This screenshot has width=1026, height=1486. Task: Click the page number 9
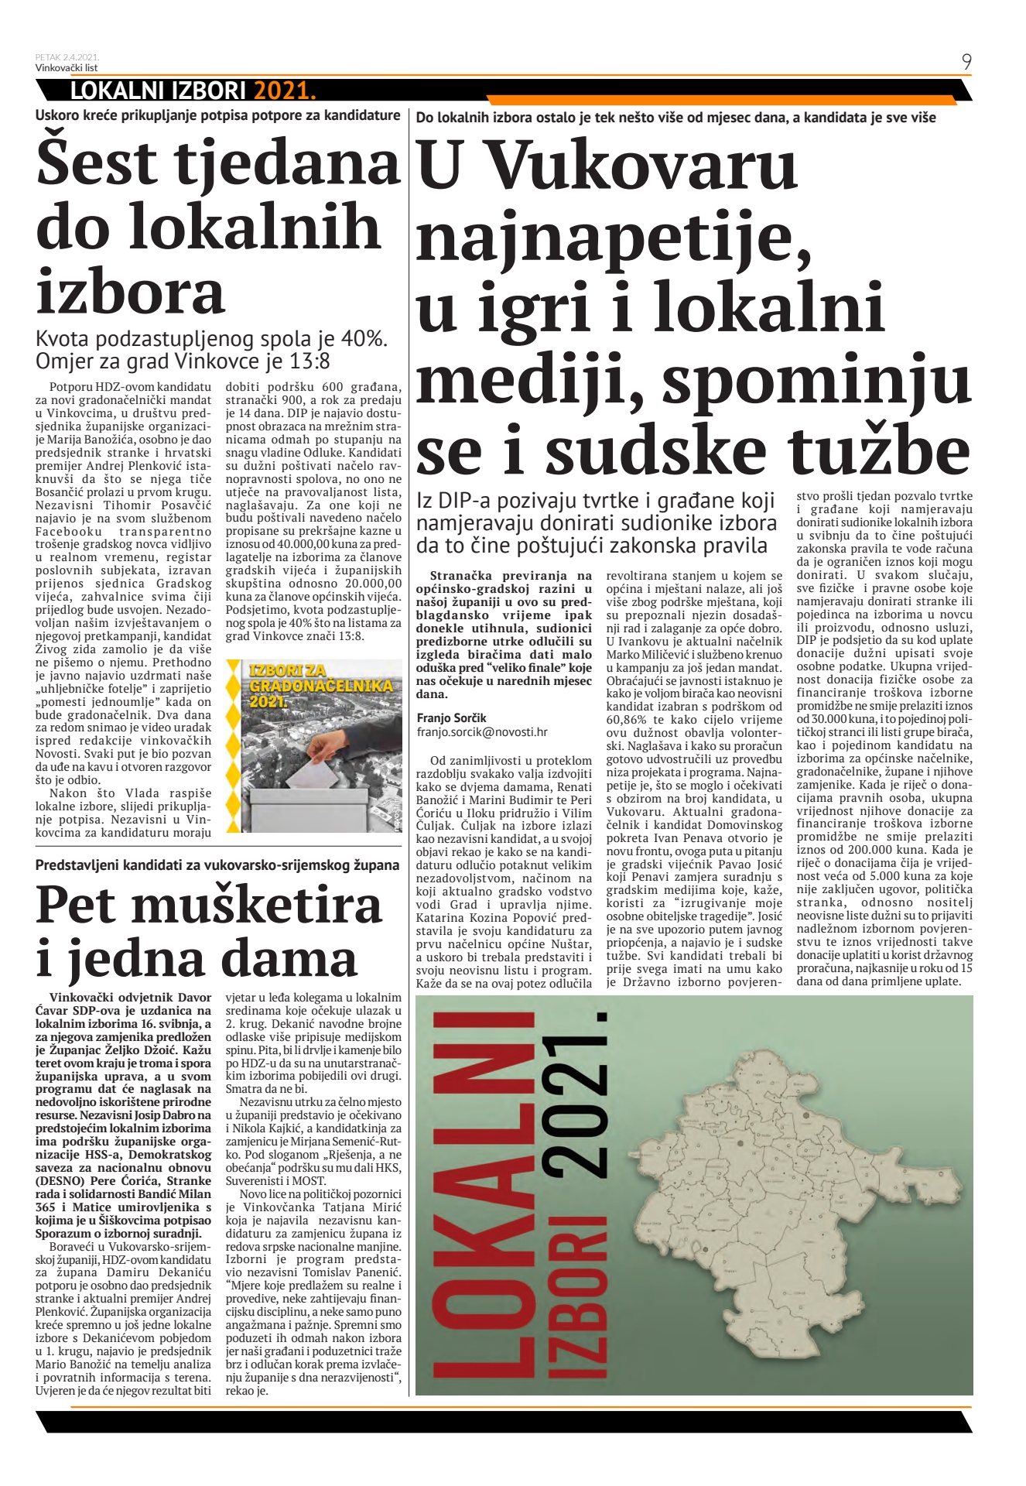tap(966, 62)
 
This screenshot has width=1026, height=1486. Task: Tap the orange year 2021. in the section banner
tap(285, 91)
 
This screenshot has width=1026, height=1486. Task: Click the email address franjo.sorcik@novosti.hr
tap(482, 731)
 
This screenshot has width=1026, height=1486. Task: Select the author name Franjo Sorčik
tap(452, 717)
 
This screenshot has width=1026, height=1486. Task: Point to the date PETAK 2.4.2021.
tap(67, 57)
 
